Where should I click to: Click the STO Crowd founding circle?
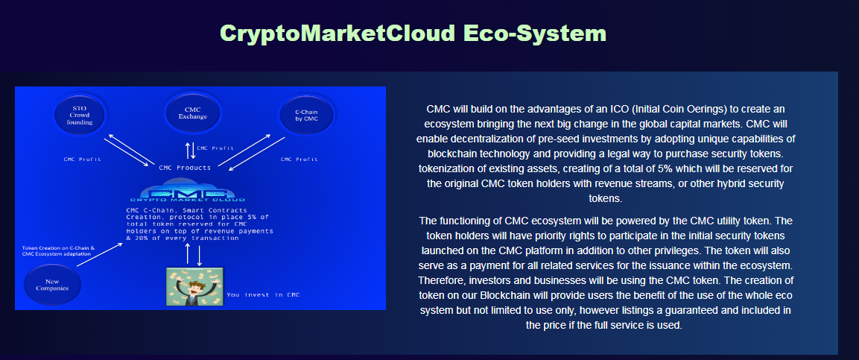[81, 114]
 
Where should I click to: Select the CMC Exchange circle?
[193, 113]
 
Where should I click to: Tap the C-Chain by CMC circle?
[306, 115]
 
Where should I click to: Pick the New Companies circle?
[53, 285]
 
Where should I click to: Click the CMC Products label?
[185, 168]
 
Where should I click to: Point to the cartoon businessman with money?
[195, 286]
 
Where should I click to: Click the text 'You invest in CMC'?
[264, 295]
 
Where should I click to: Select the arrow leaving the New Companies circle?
[100, 255]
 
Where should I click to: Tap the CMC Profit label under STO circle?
[82, 160]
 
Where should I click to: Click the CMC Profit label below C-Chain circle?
[299, 160]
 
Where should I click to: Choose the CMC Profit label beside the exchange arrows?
[215, 148]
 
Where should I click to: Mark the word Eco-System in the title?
[535, 33]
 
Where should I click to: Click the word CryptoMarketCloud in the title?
[337, 34]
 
